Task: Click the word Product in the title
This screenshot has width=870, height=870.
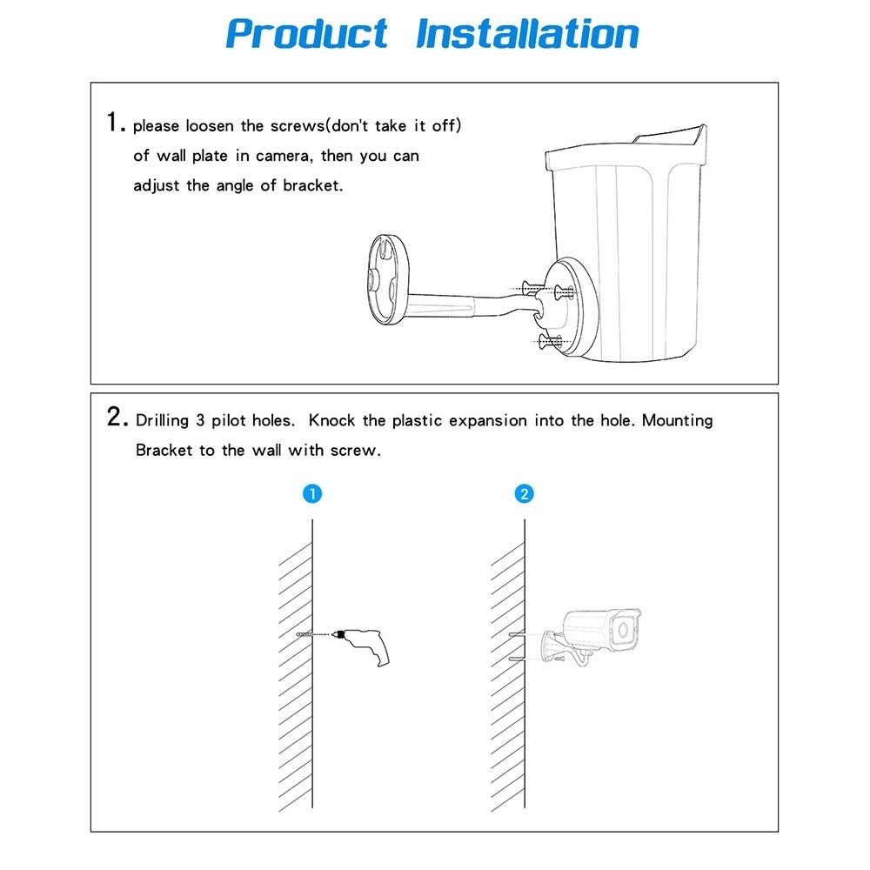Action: coord(306,34)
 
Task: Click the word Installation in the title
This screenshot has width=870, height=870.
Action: coord(527,34)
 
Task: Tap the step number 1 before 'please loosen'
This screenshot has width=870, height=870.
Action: coord(114,123)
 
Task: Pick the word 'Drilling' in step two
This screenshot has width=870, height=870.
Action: coord(162,421)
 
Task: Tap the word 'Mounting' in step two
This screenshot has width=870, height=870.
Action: coord(678,420)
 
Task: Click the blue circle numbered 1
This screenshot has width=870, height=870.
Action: coord(313,494)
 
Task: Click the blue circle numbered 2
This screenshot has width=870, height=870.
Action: coord(524,494)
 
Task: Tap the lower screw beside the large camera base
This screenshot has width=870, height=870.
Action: coord(548,340)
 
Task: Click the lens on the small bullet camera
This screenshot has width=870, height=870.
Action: coord(622,629)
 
